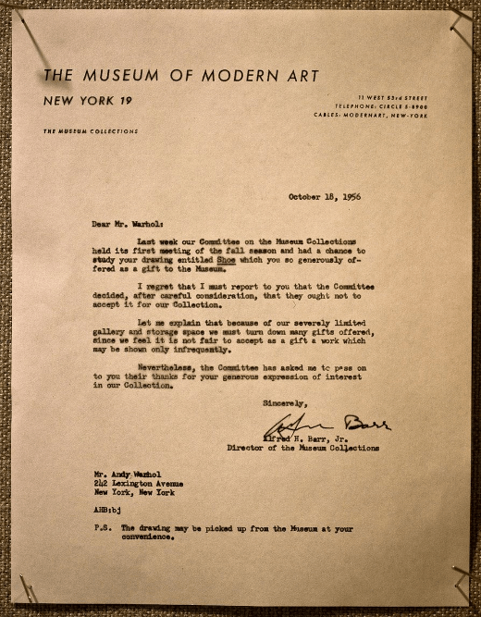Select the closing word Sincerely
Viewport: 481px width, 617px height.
[287, 403]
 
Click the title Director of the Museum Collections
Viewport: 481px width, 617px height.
[302, 447]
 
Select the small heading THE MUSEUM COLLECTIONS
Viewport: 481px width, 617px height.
[91, 131]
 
